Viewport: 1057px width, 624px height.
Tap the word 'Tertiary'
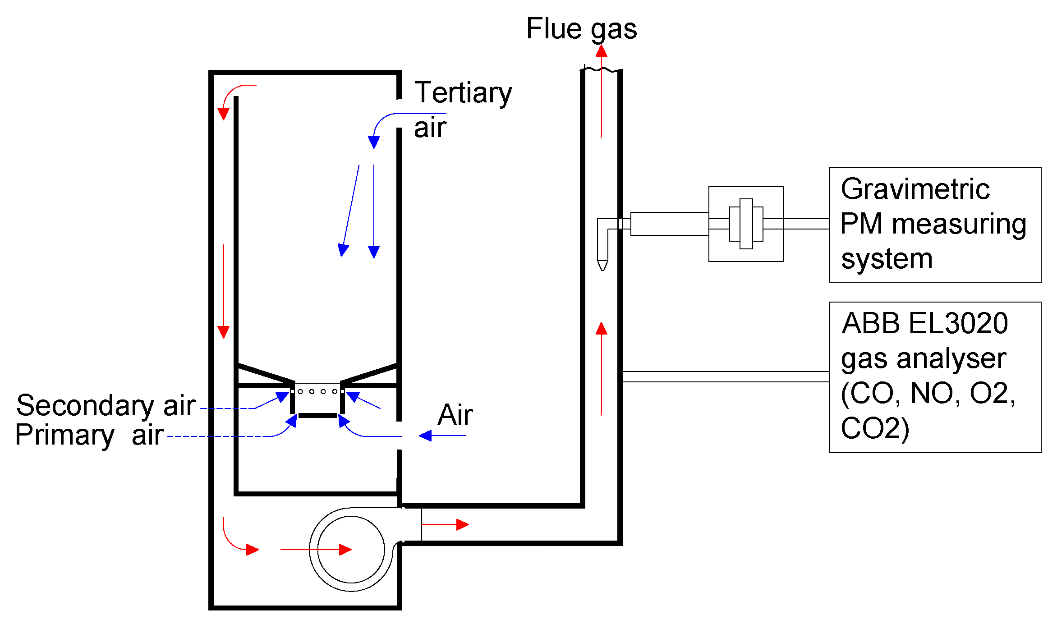pos(463,93)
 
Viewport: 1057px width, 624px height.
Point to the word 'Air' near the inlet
pos(455,415)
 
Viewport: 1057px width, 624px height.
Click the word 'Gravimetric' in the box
pos(915,189)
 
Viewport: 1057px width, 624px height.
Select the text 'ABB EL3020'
pos(924,323)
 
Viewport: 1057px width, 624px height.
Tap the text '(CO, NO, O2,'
pos(928,393)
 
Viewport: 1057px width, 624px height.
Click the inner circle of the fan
pos(351,550)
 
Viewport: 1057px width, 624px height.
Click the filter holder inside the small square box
pos(746,224)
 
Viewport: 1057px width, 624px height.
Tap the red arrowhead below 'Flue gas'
pos(601,50)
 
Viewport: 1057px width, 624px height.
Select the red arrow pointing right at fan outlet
pos(446,524)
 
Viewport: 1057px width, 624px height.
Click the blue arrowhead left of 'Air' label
pos(425,436)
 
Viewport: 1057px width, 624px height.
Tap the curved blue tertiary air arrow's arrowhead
pos(373,142)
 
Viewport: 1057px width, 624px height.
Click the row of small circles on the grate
pos(317,391)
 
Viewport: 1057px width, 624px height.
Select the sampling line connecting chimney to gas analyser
pos(725,376)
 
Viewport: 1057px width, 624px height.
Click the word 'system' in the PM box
pos(887,259)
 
